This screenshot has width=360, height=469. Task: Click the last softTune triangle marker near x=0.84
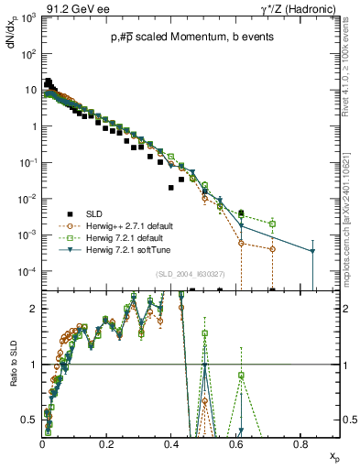312,251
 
